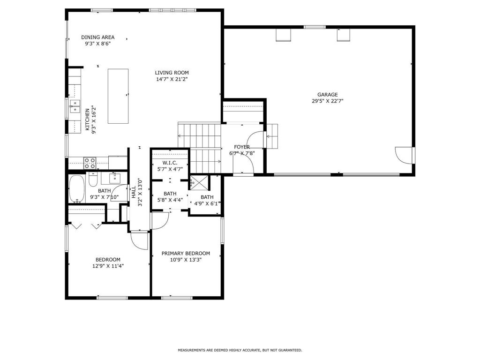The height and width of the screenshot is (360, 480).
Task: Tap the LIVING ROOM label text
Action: click(172, 73)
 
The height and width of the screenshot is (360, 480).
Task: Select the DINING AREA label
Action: click(97, 37)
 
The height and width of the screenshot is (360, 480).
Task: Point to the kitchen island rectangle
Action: click(118, 96)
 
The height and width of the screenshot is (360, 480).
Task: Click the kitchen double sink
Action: click(75, 107)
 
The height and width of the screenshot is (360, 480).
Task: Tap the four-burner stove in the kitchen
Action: click(90, 163)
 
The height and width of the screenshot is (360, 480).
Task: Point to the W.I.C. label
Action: click(170, 163)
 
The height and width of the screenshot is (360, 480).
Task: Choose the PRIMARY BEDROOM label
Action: click(186, 254)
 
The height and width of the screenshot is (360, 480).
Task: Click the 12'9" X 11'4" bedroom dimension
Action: click(108, 266)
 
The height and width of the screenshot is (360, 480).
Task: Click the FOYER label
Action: click(242, 147)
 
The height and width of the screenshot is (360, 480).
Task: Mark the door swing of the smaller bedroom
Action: click(139, 240)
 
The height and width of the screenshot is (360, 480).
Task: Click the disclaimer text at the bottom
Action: click(240, 350)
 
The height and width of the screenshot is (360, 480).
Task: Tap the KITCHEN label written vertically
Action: click(87, 120)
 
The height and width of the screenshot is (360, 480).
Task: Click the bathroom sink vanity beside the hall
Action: click(114, 178)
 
